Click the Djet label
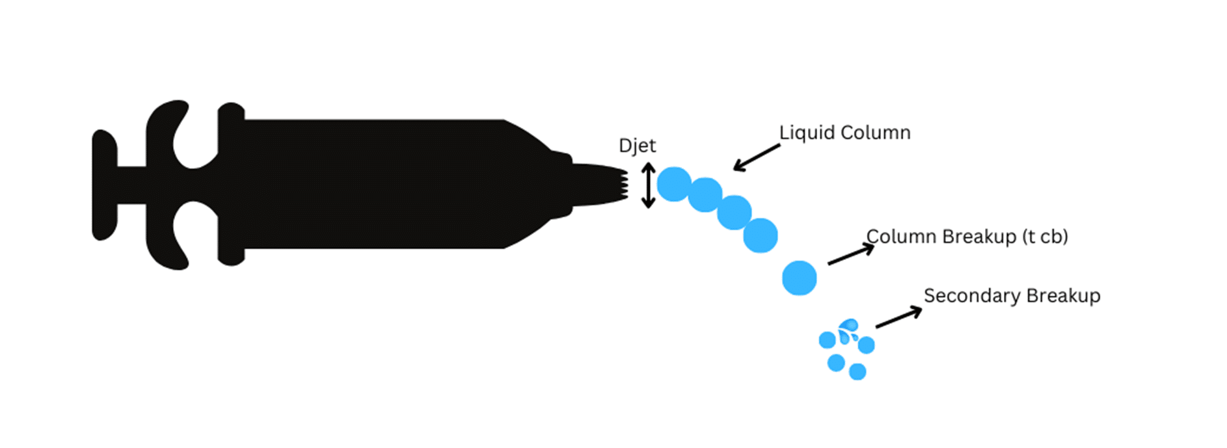pyautogui.click(x=637, y=146)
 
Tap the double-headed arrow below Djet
pyautogui.click(x=648, y=185)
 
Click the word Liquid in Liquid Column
pyautogui.click(x=806, y=133)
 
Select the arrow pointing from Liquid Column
pyautogui.click(x=756, y=157)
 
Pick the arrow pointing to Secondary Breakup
pyautogui.click(x=898, y=317)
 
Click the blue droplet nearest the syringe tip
pyautogui.click(x=673, y=184)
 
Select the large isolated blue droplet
pyautogui.click(x=799, y=278)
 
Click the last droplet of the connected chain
pyautogui.click(x=761, y=235)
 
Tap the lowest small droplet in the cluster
pyautogui.click(x=857, y=372)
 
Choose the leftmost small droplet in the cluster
pyautogui.click(x=827, y=340)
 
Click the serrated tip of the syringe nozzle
pyautogui.click(x=623, y=185)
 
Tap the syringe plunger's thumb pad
pyautogui.click(x=103, y=185)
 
